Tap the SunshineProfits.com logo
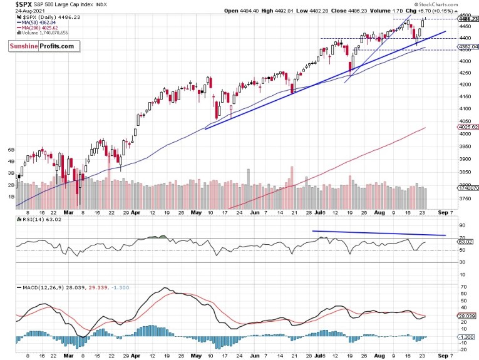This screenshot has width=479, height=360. [x=41, y=46]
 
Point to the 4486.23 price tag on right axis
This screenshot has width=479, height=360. [x=467, y=19]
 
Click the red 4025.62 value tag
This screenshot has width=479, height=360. [x=467, y=127]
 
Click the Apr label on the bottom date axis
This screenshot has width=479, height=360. [x=136, y=354]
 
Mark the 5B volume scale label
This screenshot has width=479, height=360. [x=11, y=150]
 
